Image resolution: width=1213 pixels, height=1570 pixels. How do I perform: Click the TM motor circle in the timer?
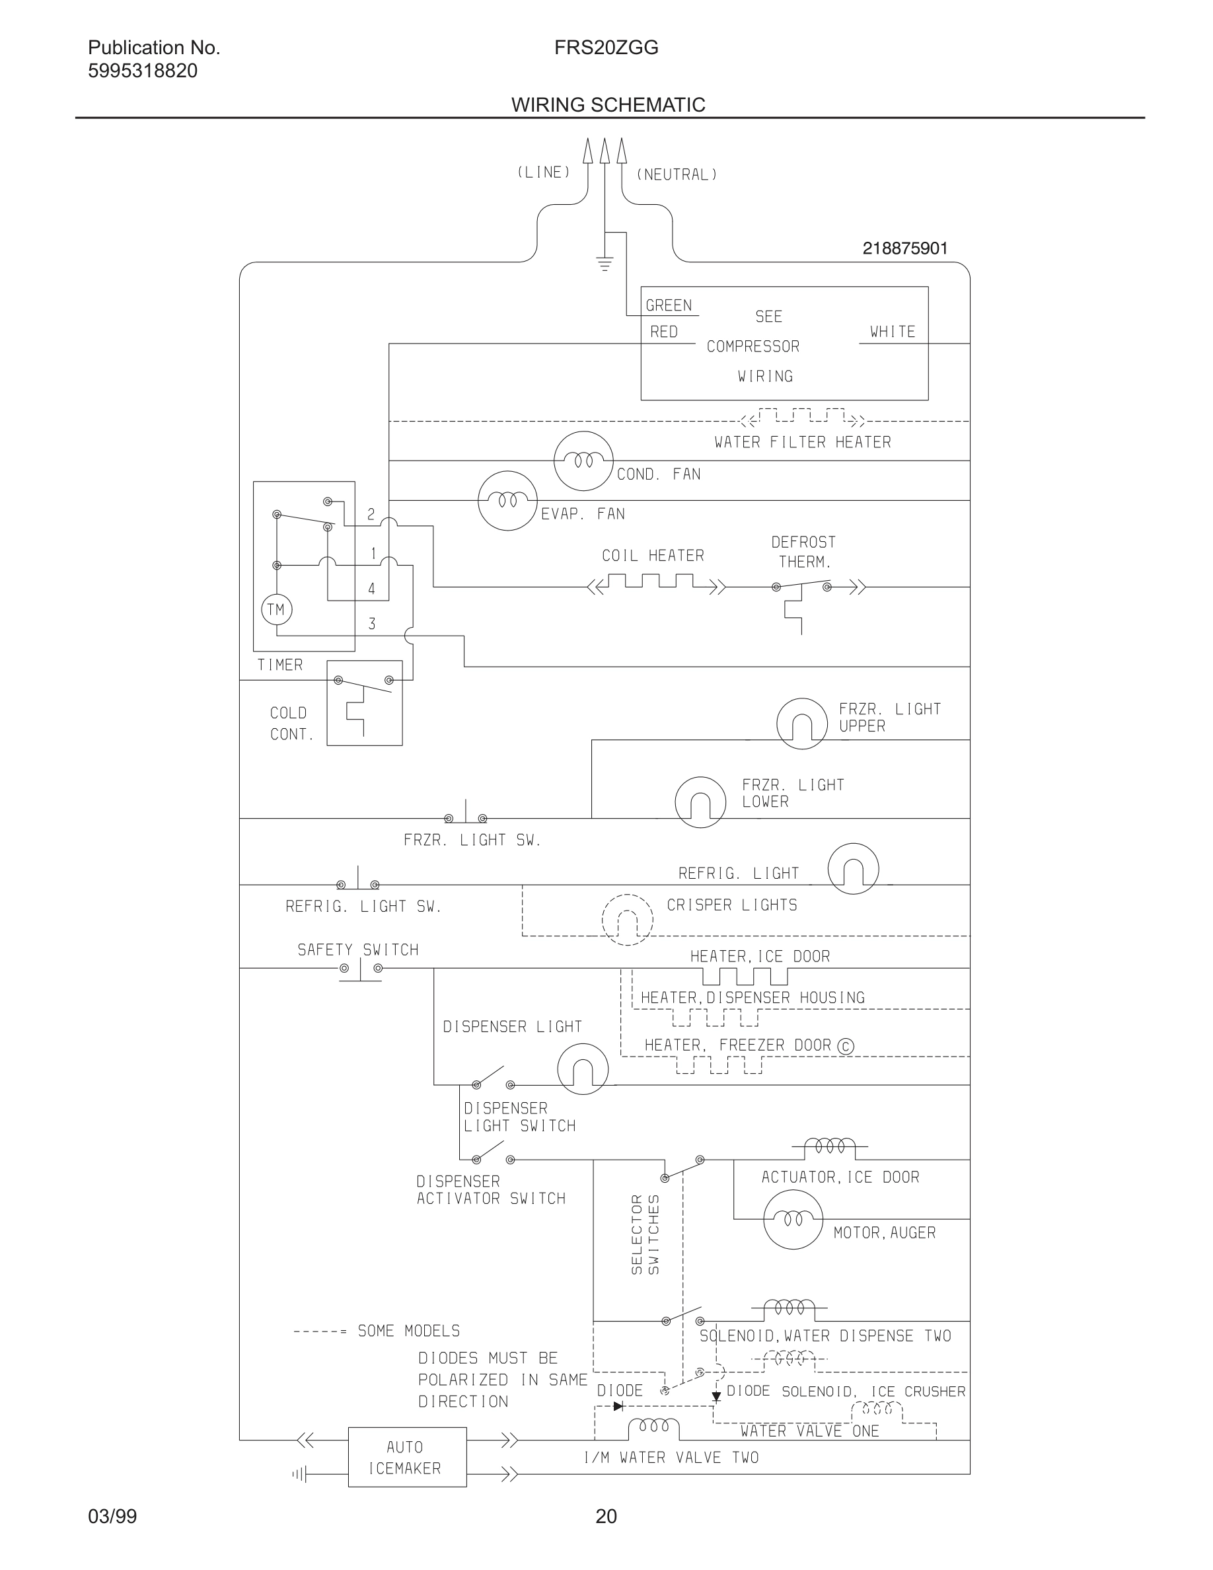(276, 610)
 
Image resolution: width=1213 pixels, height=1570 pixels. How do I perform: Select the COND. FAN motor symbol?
(583, 461)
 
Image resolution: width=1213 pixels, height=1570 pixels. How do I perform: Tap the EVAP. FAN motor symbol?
(507, 500)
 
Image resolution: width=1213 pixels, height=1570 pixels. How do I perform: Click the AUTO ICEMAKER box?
(407, 1457)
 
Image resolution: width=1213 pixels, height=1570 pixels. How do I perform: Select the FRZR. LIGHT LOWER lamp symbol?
(700, 802)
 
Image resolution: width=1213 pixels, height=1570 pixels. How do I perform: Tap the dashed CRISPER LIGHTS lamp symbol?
(628, 919)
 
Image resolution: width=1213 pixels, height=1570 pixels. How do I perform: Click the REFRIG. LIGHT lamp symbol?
(853, 868)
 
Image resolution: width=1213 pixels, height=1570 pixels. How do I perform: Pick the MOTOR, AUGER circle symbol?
(793, 1219)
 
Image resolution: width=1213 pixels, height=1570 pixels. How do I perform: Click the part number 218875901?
(904, 248)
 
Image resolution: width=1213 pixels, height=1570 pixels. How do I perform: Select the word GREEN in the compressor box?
(669, 305)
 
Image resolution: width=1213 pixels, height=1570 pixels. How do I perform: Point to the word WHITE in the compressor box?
(893, 332)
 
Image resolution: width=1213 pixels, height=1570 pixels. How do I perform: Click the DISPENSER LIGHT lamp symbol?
(583, 1069)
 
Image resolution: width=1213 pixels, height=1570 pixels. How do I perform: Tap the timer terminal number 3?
(371, 624)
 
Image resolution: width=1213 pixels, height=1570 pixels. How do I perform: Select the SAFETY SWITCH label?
(358, 950)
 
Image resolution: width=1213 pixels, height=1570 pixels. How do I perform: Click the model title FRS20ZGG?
(606, 48)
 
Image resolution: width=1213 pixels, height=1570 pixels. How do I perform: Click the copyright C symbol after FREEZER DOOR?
(846, 1046)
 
